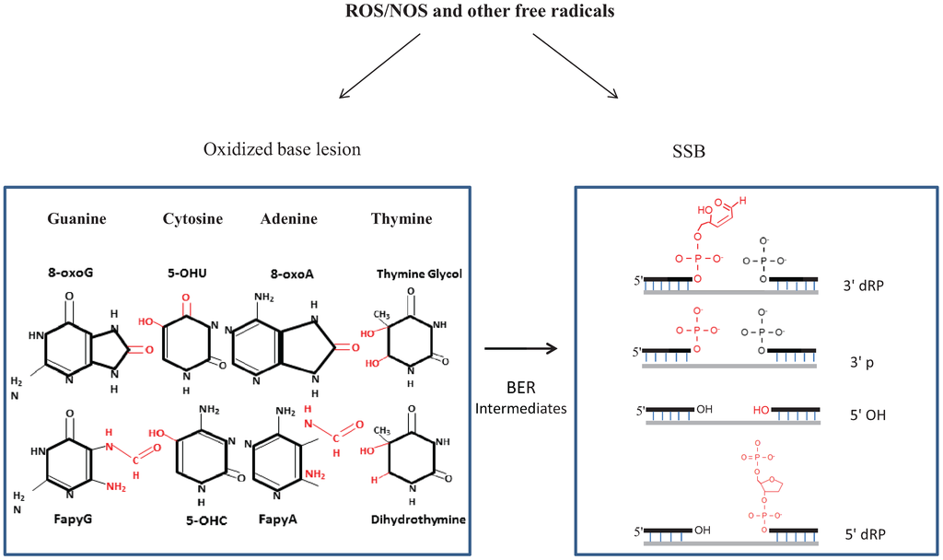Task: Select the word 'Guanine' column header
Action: [x=76, y=219]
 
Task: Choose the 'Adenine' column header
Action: [x=288, y=219]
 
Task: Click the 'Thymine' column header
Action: [x=401, y=219]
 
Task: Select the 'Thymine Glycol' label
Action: [x=419, y=274]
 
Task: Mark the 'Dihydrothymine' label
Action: [x=419, y=519]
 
